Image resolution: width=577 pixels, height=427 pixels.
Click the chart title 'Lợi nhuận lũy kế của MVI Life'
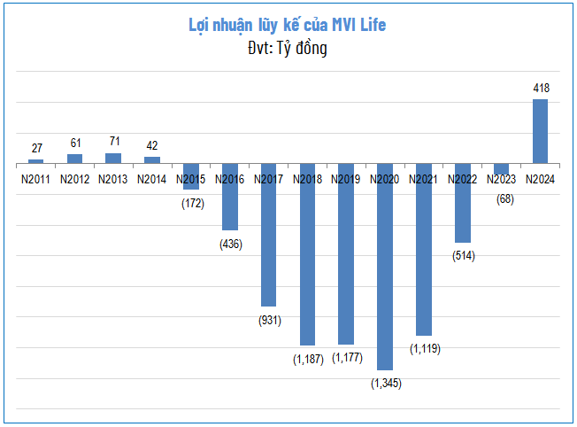click(x=288, y=25)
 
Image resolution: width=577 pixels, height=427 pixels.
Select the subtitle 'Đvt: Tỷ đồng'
click(x=288, y=49)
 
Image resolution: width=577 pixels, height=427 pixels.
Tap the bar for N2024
click(x=540, y=131)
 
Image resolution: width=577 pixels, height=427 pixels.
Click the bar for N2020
click(x=384, y=266)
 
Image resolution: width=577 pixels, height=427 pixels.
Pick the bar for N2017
click(x=268, y=235)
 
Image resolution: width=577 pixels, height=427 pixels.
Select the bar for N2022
click(x=462, y=203)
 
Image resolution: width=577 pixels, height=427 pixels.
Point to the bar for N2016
click(x=229, y=197)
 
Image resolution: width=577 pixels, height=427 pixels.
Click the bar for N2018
click(x=307, y=254)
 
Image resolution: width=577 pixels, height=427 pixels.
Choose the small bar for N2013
click(x=113, y=159)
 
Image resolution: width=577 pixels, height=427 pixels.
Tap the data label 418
click(x=540, y=89)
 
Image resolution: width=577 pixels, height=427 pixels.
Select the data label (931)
click(x=269, y=320)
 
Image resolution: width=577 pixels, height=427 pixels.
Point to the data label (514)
click(x=463, y=256)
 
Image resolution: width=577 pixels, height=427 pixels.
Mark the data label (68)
click(x=502, y=198)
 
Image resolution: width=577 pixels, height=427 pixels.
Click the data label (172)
click(x=191, y=204)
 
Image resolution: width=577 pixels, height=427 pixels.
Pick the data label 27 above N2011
click(x=36, y=148)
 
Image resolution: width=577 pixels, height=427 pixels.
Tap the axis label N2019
click(x=346, y=179)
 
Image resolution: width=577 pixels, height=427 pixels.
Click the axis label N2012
click(x=75, y=179)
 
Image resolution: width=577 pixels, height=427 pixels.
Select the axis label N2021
click(x=423, y=179)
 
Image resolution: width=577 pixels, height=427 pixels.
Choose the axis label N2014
click(x=152, y=179)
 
